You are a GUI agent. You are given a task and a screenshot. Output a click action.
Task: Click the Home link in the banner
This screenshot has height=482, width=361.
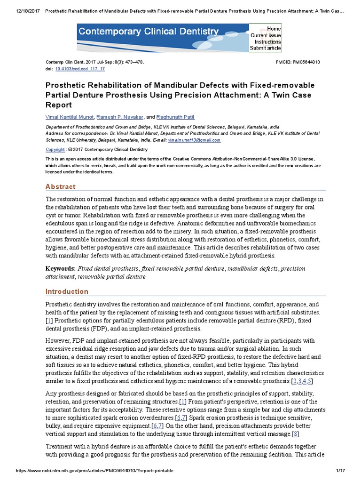pos(274,29)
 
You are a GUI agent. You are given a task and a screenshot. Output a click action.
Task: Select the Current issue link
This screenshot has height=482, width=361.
pos(266,35)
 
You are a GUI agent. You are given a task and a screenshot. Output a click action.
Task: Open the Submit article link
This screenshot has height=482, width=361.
pos(266,48)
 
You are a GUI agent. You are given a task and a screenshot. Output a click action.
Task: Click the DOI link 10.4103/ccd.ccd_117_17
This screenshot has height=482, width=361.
pos(80,69)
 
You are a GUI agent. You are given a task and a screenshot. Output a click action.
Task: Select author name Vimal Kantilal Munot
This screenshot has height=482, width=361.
pos(70,117)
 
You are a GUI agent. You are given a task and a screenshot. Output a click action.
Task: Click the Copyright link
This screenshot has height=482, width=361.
pos(55,149)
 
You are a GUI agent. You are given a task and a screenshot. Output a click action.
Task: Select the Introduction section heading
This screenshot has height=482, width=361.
pos(67,291)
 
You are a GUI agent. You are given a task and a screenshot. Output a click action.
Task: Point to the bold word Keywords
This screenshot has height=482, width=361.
pos(60,268)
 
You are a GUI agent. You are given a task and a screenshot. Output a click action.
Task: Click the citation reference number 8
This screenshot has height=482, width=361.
pos(295,434)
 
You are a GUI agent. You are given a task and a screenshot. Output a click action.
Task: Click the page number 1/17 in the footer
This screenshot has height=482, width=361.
pos(341,471)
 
